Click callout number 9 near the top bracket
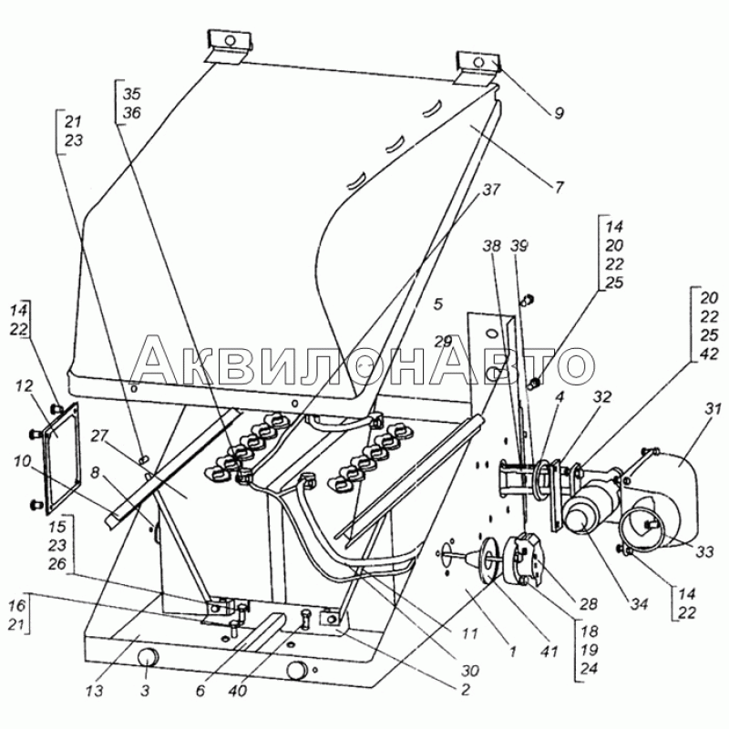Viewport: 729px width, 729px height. [558, 113]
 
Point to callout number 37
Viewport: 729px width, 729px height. [491, 190]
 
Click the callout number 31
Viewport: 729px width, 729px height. [709, 407]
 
